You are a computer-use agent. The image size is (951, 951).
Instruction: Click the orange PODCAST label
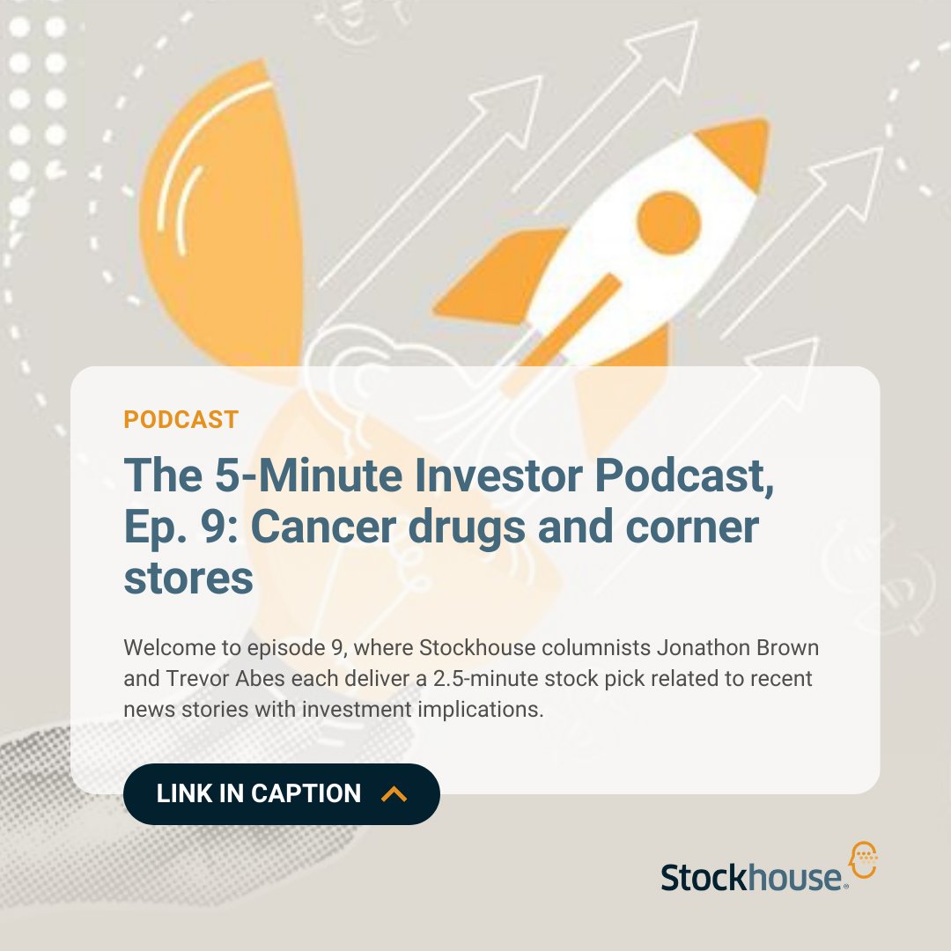click(181, 419)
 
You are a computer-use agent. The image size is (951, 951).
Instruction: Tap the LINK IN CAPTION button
click(281, 793)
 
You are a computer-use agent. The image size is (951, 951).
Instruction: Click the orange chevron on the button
click(394, 794)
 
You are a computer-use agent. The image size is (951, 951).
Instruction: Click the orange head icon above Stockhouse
click(862, 859)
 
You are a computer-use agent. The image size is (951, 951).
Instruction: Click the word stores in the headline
click(188, 579)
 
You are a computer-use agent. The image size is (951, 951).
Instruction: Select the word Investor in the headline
click(478, 475)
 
